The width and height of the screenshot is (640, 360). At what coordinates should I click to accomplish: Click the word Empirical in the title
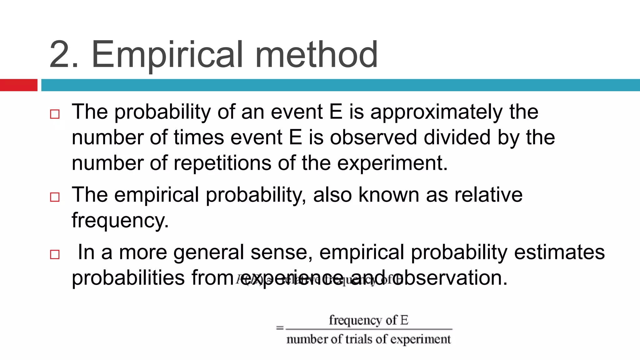[167, 55]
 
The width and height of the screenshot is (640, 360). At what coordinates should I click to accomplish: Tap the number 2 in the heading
[59, 55]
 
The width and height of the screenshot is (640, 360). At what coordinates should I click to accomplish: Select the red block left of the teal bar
[18, 85]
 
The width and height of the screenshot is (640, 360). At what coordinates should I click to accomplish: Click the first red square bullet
[55, 114]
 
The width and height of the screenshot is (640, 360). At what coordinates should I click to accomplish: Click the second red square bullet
[55, 197]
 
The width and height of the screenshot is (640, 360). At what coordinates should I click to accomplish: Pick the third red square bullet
[55, 254]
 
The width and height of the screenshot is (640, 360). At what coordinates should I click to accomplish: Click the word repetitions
[222, 163]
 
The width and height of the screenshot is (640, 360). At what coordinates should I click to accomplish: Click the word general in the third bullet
[209, 252]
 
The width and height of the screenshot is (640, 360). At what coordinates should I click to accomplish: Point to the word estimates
[559, 252]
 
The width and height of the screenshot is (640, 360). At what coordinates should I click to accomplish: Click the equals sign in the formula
[280, 328]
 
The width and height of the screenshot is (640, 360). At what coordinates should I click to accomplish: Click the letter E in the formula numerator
[404, 320]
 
